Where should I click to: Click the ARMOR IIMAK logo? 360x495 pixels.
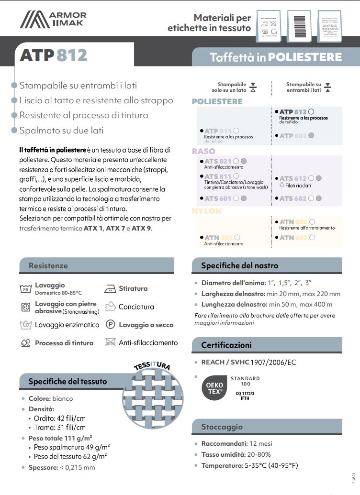point(53,19)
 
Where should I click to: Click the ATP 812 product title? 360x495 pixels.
point(53,55)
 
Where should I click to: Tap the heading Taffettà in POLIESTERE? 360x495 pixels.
point(276,57)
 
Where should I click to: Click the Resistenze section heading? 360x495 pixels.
point(48,265)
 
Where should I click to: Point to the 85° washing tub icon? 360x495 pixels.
point(26,288)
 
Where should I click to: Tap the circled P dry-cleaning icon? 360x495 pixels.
point(110,325)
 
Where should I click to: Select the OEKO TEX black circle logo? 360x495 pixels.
point(214,387)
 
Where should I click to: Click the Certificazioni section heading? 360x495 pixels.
point(226,345)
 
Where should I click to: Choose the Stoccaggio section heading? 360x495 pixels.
point(222,427)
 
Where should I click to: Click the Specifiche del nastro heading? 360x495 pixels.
point(239,265)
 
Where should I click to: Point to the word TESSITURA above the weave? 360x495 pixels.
point(152,366)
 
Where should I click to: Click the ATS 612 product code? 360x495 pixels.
point(293,178)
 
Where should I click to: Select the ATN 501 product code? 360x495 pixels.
point(218,237)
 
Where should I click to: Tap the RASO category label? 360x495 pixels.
point(203,151)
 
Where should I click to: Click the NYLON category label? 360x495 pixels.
point(207,211)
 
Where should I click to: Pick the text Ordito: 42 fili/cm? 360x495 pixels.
point(60,418)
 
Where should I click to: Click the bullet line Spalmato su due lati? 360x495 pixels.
point(61,130)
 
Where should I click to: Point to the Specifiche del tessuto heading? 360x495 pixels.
point(67,381)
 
